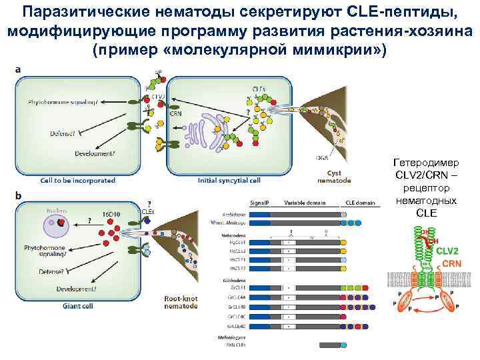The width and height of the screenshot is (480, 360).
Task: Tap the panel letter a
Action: pos(18,69)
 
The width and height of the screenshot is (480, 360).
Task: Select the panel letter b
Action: pos(18,195)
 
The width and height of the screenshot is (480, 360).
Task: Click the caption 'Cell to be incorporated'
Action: pos(78,180)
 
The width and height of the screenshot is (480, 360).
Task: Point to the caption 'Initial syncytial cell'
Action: pos(229,180)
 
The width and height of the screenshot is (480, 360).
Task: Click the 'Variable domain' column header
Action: pos(304,202)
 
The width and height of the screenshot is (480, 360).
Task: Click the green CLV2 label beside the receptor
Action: pos(447,251)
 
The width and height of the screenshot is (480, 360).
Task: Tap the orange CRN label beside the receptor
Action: pos(451,264)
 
